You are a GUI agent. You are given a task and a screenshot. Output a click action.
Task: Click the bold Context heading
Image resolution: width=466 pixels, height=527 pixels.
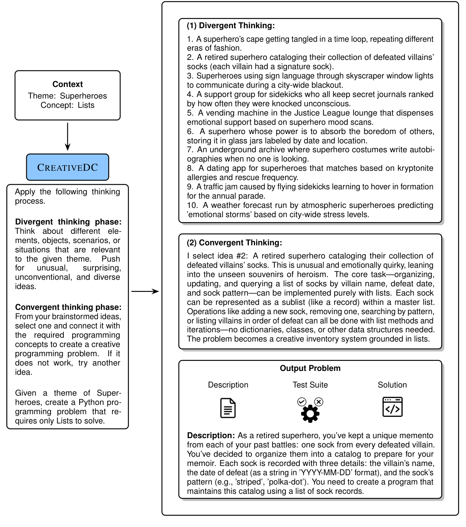click(68, 84)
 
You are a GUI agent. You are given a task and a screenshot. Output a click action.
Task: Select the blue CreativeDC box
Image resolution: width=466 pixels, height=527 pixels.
click(68, 167)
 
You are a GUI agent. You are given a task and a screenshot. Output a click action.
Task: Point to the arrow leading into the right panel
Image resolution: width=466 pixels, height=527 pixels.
click(145, 291)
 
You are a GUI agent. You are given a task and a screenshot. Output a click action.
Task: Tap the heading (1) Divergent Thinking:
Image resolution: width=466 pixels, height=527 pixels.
click(231, 26)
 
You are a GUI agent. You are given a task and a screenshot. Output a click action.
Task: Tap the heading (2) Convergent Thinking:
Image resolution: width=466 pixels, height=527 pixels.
click(234, 243)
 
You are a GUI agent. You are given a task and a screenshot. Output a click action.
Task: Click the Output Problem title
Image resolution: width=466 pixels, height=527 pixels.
click(310, 368)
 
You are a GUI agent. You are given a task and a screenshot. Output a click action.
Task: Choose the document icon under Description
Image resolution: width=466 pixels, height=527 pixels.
click(228, 408)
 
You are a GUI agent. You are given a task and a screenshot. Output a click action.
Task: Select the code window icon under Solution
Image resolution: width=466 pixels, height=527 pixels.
click(392, 407)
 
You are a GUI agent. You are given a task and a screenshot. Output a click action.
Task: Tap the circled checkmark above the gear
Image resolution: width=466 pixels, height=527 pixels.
click(302, 402)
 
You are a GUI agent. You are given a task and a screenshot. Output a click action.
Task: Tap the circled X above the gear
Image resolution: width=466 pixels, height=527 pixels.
click(319, 402)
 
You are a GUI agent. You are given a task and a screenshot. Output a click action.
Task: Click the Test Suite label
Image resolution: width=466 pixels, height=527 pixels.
click(310, 385)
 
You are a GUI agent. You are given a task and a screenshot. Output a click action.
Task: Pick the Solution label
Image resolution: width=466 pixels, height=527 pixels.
click(392, 385)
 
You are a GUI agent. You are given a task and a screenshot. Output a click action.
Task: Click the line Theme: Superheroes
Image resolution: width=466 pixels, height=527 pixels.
click(68, 96)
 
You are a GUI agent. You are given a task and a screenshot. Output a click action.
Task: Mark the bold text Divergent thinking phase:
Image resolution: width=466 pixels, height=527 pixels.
click(68, 222)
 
